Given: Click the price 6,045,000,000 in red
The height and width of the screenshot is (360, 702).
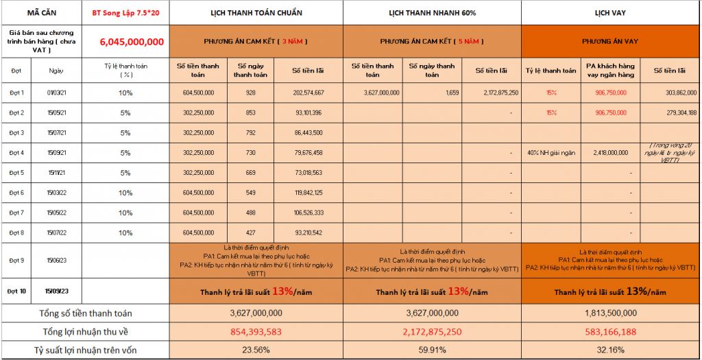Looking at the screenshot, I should point(132,42).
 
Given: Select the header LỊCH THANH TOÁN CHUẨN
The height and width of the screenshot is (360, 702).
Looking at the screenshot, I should point(256,13).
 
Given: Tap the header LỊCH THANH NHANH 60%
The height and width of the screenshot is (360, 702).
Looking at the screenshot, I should point(433,13).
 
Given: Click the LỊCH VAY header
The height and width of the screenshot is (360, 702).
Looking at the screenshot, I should point(611,13).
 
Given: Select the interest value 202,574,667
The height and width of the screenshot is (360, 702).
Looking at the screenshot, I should point(308,93).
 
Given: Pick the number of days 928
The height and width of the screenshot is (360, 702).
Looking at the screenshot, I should point(250,93).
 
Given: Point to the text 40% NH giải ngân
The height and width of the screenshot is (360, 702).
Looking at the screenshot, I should point(551,153).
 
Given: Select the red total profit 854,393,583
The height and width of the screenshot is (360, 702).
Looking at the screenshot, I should point(256,331).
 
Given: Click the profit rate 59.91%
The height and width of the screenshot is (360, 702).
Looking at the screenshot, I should point(433,349).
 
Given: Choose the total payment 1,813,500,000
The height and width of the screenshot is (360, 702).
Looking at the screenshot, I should point(611,313).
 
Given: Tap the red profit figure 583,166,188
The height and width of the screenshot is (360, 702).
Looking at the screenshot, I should point(611,331).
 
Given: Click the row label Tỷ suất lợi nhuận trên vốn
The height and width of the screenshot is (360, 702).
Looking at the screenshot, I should point(86,349).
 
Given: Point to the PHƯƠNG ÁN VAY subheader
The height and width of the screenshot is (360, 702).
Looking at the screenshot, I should point(610,41).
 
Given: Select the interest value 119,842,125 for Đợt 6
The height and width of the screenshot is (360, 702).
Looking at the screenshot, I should point(308,193).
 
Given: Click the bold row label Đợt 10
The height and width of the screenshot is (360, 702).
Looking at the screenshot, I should point(17,291).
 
